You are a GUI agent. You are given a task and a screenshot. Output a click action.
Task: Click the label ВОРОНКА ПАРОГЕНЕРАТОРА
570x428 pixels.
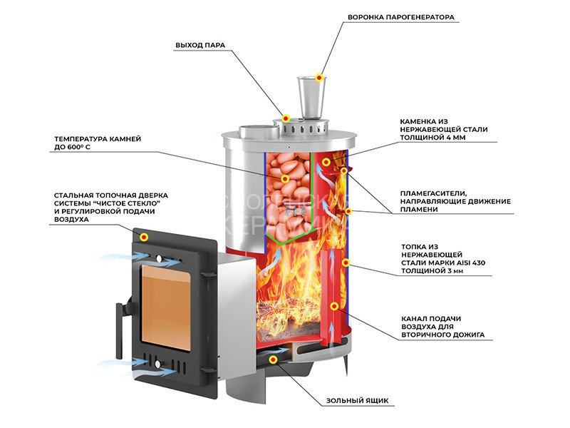pos(400,17)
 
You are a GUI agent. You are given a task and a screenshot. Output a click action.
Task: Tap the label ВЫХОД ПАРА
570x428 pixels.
pos(200,45)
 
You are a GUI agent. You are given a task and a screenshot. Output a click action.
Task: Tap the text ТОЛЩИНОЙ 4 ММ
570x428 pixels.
pos(433,138)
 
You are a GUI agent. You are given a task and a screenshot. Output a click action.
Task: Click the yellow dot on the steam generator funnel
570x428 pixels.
pos(320,77)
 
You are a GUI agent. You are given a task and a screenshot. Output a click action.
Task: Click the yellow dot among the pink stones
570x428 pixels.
pos(285,178)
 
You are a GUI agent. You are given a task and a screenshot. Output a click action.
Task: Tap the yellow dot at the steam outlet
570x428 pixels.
pos(286,118)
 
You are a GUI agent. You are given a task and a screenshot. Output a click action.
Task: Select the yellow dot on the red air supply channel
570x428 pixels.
pos(334,307)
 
